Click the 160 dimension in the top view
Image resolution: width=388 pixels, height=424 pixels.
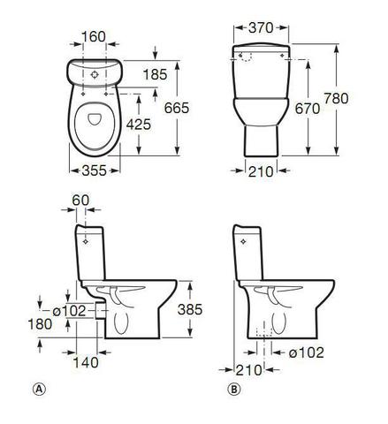coord(93,37)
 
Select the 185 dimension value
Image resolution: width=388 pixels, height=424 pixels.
coord(155,74)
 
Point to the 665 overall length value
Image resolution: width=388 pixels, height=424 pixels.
coord(177,108)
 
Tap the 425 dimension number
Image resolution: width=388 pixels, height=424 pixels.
coord(139,125)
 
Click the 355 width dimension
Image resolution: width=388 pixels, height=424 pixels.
coord(94,170)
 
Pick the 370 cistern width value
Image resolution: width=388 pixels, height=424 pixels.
coord(261,28)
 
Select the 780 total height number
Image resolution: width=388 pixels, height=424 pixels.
coord(336,98)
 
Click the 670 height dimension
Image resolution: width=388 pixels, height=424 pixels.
coord(308,109)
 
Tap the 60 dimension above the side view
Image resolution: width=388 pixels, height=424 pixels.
coord(80,201)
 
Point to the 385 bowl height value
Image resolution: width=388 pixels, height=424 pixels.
coord(190,309)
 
